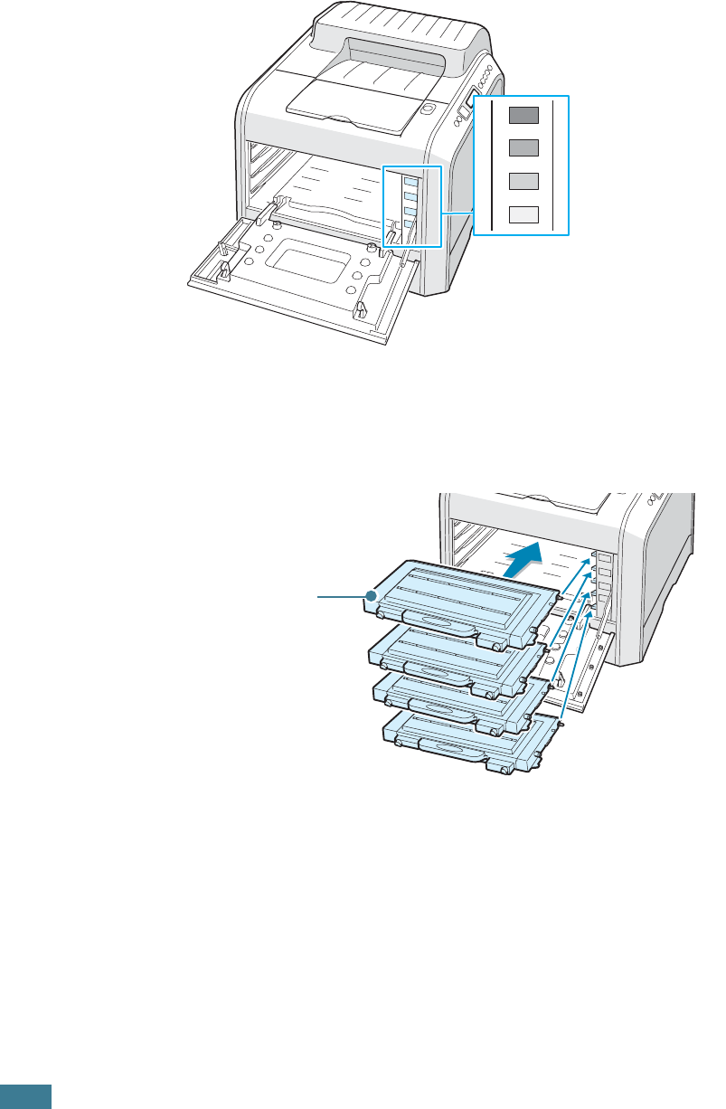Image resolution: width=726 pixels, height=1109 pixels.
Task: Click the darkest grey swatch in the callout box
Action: pyautogui.click(x=523, y=114)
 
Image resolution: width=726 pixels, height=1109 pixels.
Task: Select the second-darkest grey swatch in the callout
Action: pyautogui.click(x=523, y=147)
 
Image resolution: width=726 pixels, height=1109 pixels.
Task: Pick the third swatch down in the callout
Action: pyautogui.click(x=523, y=180)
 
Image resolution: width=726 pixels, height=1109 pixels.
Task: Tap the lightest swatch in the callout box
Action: pyautogui.click(x=523, y=214)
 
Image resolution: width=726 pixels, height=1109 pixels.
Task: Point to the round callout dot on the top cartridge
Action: pyautogui.click(x=370, y=596)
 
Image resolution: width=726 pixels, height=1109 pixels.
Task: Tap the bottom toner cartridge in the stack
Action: pyautogui.click(x=461, y=742)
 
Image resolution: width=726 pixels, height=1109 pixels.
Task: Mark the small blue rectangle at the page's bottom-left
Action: pyautogui.click(x=25, y=1096)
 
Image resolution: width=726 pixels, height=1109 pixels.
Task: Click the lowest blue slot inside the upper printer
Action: pyautogui.click(x=410, y=225)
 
